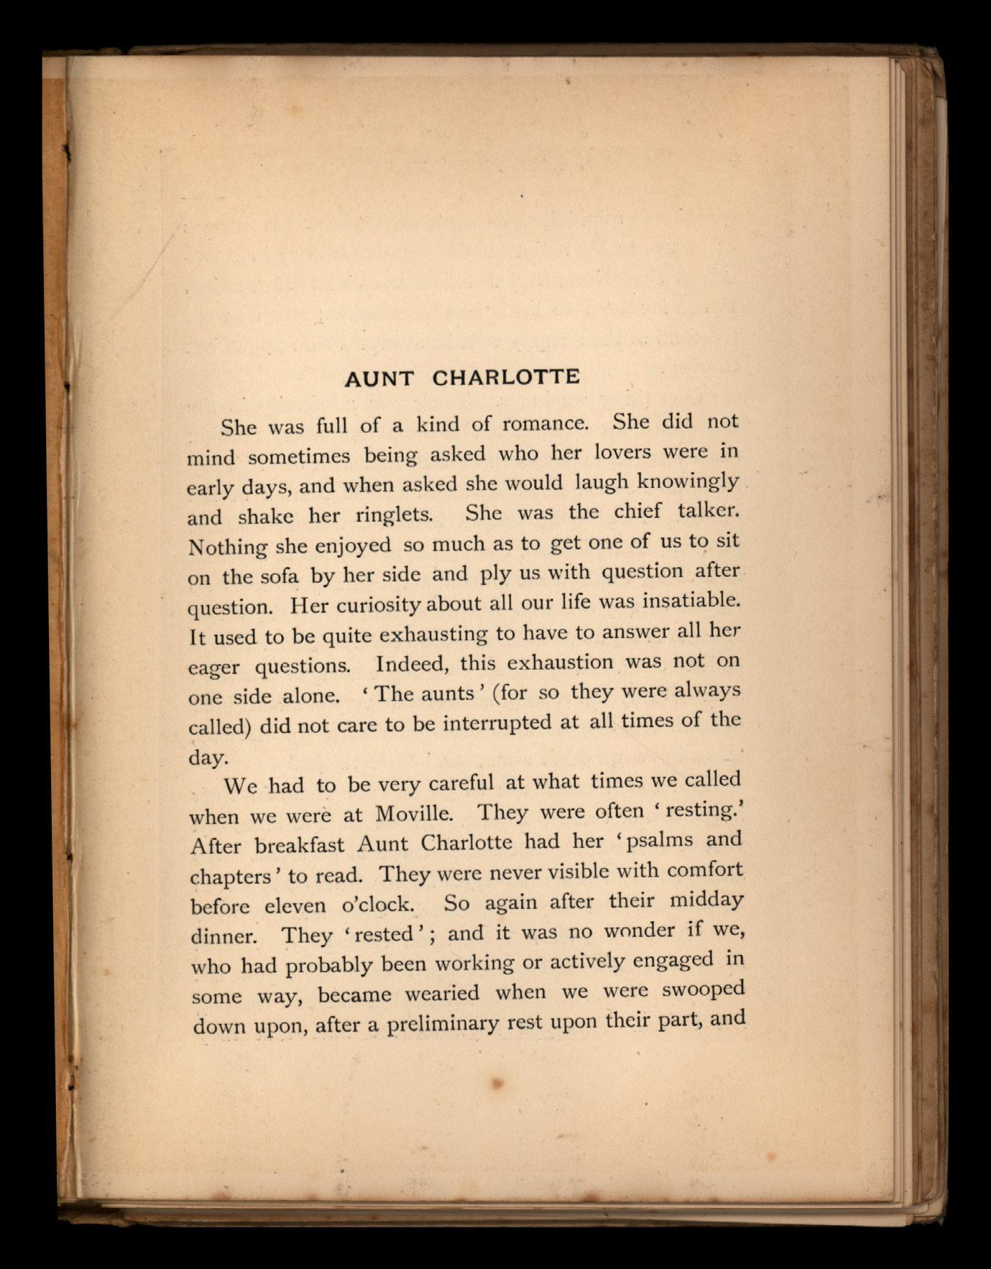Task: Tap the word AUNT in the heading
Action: pos(379,379)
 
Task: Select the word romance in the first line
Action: pos(545,423)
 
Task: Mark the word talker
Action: pos(707,511)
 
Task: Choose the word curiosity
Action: pos(379,605)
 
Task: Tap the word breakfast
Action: pos(300,846)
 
